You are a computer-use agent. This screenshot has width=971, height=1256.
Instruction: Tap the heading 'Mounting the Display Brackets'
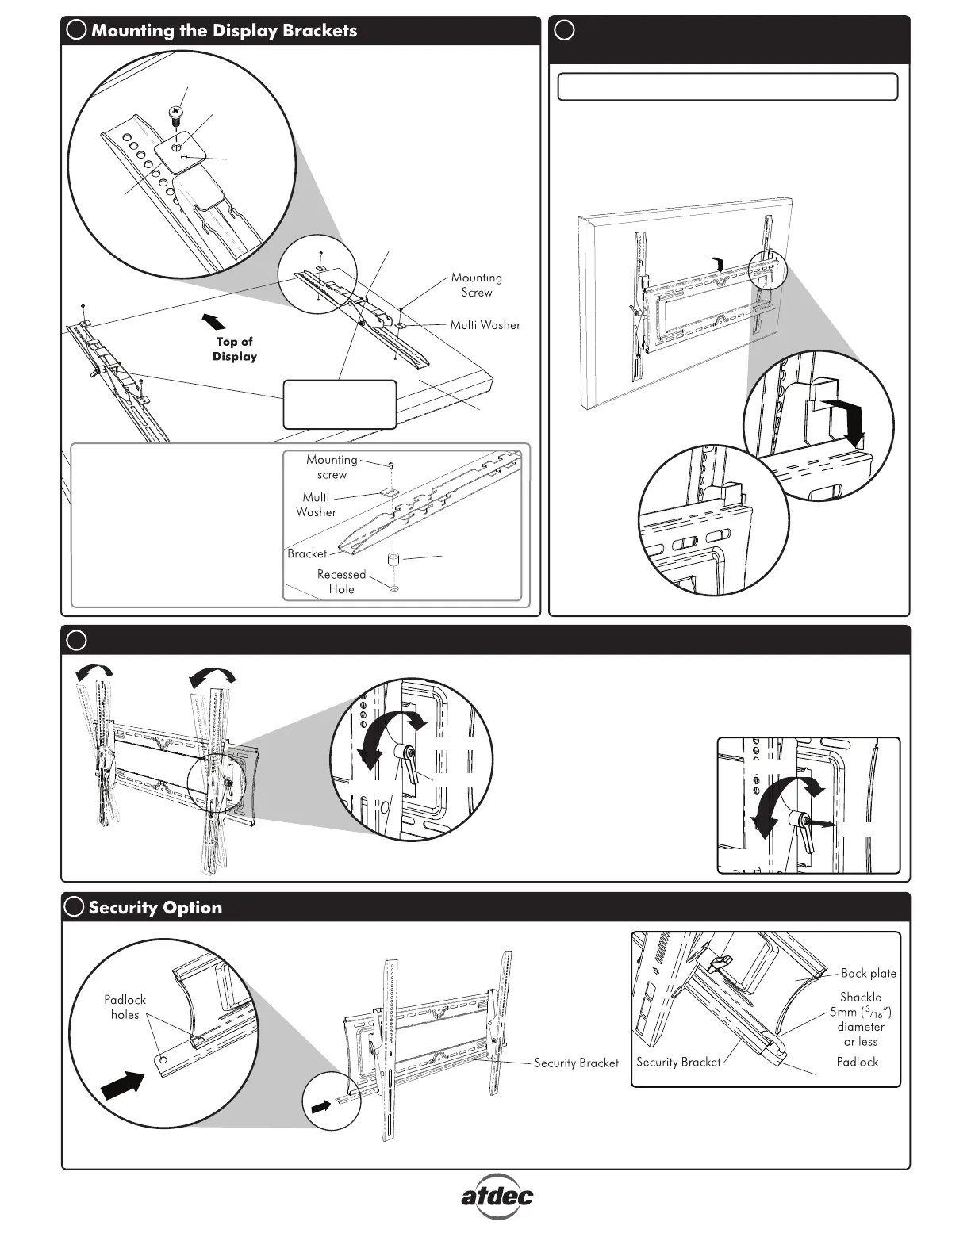(x=224, y=31)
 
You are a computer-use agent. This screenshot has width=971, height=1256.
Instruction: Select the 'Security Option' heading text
(x=155, y=908)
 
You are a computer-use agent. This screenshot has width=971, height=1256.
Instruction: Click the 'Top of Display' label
(x=235, y=349)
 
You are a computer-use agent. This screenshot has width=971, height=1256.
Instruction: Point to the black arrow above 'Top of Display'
(x=214, y=321)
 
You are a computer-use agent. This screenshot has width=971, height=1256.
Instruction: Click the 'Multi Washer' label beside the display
(x=485, y=325)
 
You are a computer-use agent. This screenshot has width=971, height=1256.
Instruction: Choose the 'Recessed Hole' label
(x=341, y=581)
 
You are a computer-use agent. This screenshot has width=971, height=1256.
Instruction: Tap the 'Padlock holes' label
(x=125, y=1007)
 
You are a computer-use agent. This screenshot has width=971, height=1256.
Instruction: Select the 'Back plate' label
(x=868, y=973)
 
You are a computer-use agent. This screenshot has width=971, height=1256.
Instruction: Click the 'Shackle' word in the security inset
(x=860, y=997)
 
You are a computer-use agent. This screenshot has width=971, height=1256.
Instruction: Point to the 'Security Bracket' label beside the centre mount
(x=576, y=1063)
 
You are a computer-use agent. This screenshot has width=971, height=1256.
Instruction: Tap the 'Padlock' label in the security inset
(x=857, y=1062)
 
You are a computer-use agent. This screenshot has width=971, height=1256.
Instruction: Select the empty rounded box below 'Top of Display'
(x=340, y=404)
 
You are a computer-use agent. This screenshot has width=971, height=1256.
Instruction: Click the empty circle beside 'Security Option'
(x=75, y=908)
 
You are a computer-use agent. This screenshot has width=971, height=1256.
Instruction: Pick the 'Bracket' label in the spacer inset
(x=307, y=553)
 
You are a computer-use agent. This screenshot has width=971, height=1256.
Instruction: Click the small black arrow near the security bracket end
(x=320, y=1107)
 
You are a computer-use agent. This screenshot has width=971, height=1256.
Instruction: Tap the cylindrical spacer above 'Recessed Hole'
(x=392, y=560)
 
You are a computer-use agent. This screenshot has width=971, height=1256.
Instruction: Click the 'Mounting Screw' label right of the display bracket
(x=476, y=285)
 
